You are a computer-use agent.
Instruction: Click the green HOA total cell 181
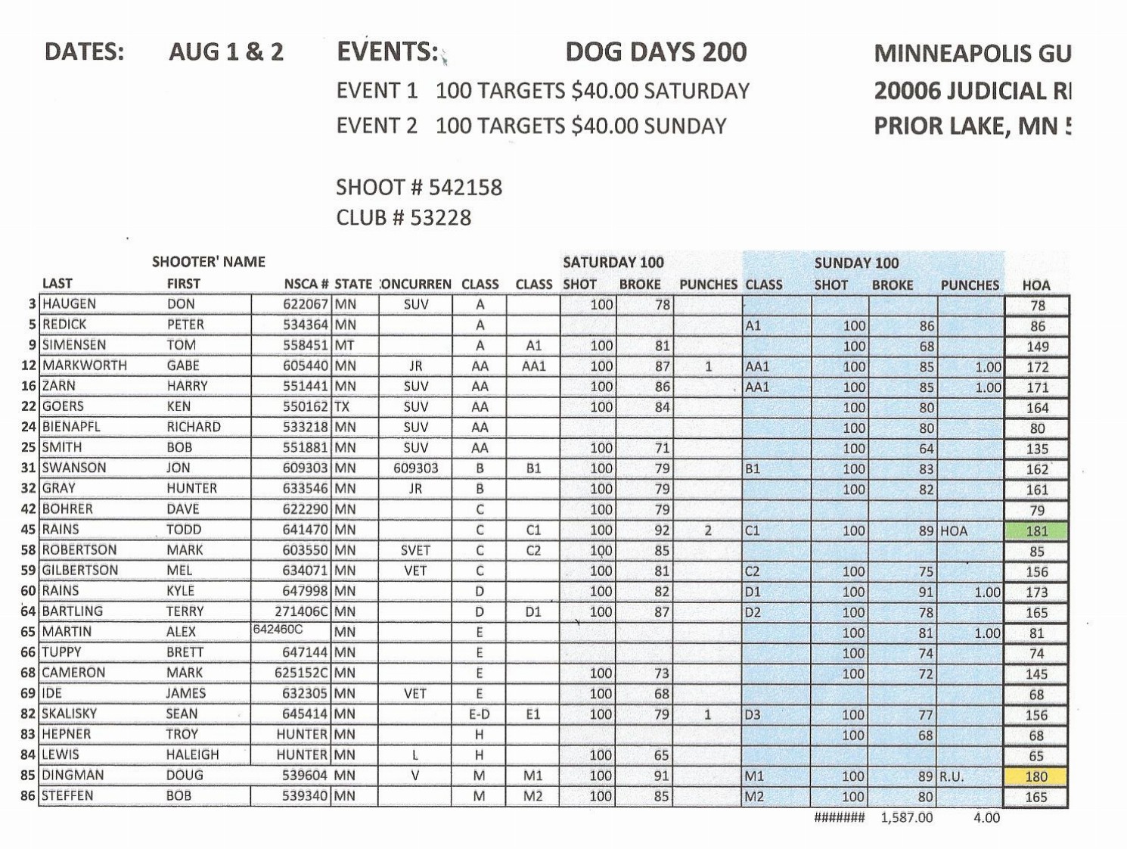(1036, 530)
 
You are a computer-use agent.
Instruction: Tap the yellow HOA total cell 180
(1036, 776)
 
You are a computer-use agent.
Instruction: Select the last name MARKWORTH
(85, 365)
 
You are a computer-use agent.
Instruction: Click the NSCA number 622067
(306, 304)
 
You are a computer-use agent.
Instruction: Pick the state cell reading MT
(345, 345)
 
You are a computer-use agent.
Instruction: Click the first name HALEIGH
(193, 754)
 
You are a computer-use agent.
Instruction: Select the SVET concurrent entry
(415, 550)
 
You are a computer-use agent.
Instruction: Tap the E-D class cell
(480, 714)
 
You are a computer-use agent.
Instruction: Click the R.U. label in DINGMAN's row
(952, 776)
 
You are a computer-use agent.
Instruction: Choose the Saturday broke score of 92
(662, 530)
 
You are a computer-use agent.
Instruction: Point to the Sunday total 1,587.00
(907, 818)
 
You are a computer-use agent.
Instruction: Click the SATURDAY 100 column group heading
(613, 263)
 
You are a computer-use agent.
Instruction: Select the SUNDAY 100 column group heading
(856, 263)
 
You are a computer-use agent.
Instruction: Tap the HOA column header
(1036, 285)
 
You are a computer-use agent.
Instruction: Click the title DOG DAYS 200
(656, 51)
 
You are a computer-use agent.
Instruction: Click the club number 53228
(440, 218)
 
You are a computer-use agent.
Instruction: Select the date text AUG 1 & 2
(226, 51)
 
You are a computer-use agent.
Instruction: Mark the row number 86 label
(28, 796)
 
